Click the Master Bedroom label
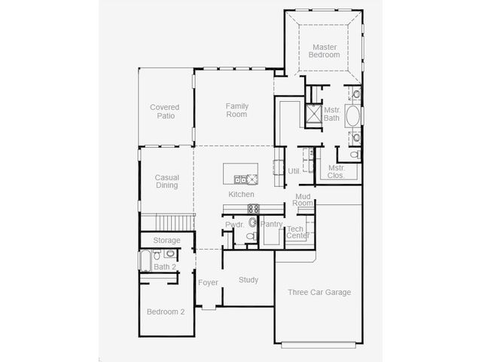click(325, 51)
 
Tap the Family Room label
click(236, 110)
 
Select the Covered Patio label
click(165, 112)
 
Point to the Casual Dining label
click(166, 181)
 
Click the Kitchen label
click(241, 195)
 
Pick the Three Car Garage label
click(319, 292)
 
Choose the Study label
click(249, 280)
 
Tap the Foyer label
click(208, 283)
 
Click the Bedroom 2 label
click(166, 311)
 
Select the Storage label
click(166, 240)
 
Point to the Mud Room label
click(303, 200)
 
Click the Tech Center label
click(297, 232)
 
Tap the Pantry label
click(271, 224)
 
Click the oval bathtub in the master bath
click(352, 115)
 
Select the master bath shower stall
click(313, 113)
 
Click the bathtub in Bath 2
click(145, 261)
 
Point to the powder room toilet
click(252, 236)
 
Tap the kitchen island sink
click(240, 179)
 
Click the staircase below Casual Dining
click(174, 222)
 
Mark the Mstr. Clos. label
click(337, 172)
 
